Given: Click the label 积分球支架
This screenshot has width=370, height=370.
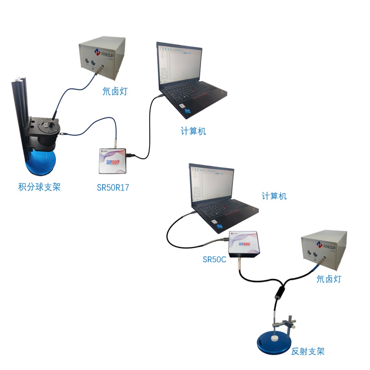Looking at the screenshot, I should [39, 187].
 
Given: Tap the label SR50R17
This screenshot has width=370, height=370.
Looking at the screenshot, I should [113, 187].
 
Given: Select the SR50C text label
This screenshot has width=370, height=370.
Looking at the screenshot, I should [214, 259].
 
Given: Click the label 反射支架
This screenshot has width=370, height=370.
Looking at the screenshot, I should [308, 351].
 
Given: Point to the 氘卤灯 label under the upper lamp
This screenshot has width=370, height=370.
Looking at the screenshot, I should [115, 91].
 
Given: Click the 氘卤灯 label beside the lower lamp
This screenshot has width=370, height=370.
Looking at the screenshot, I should [329, 279].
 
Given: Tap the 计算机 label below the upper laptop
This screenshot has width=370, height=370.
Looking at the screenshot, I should [193, 131].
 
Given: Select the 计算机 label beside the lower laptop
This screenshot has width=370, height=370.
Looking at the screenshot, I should [274, 196].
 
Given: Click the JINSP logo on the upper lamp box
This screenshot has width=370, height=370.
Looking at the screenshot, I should [104, 53].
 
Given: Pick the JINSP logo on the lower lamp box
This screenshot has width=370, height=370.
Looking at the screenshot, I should [326, 245].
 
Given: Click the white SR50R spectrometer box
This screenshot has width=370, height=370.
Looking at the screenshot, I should [113, 161].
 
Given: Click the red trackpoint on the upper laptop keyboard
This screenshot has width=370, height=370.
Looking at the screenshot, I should [193, 89].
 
